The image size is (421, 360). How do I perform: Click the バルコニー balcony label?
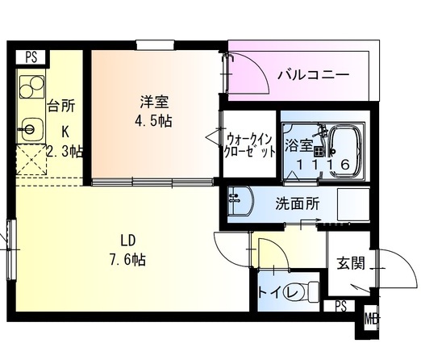click(x=313, y=75)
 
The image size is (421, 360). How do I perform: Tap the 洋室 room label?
click(x=154, y=102)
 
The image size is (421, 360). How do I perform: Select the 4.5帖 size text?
click(x=154, y=121)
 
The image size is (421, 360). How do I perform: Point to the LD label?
click(x=127, y=240)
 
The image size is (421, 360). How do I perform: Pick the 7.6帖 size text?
click(x=127, y=260)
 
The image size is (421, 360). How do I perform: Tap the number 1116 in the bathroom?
click(x=322, y=165)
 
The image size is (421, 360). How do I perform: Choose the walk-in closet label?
click(x=248, y=144)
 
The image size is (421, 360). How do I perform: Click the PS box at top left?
click(x=31, y=57)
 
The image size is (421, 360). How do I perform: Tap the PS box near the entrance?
click(x=340, y=306)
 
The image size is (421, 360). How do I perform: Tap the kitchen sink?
click(x=31, y=128)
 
